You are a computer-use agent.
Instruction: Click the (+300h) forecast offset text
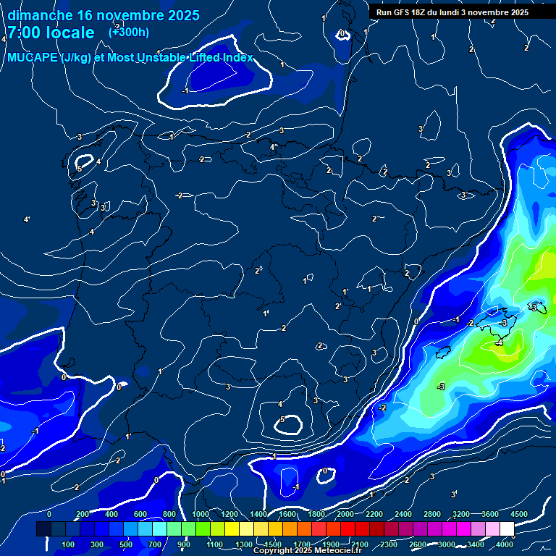pyautogui.click(x=128, y=32)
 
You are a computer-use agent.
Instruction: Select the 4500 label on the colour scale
pyautogui.click(x=520, y=514)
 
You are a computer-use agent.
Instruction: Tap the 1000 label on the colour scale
pyautogui.click(x=201, y=514)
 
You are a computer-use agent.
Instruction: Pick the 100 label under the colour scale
pyautogui.click(x=69, y=544)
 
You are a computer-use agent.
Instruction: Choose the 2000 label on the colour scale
pyautogui.click(x=345, y=514)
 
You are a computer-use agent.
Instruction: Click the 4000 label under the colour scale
pyautogui.click(x=505, y=544)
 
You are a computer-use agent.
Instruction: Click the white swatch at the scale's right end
pyautogui.click(x=507, y=529)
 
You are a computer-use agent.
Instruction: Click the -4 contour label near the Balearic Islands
pyautogui.click(x=499, y=344)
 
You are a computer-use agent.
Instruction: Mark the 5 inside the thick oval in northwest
pyautogui.click(x=80, y=168)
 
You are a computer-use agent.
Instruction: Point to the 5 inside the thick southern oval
pyautogui.click(x=282, y=420)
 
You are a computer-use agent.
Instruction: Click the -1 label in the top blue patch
pyautogui.click(x=185, y=90)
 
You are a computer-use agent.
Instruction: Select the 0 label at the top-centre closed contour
pyautogui.click(x=342, y=33)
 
